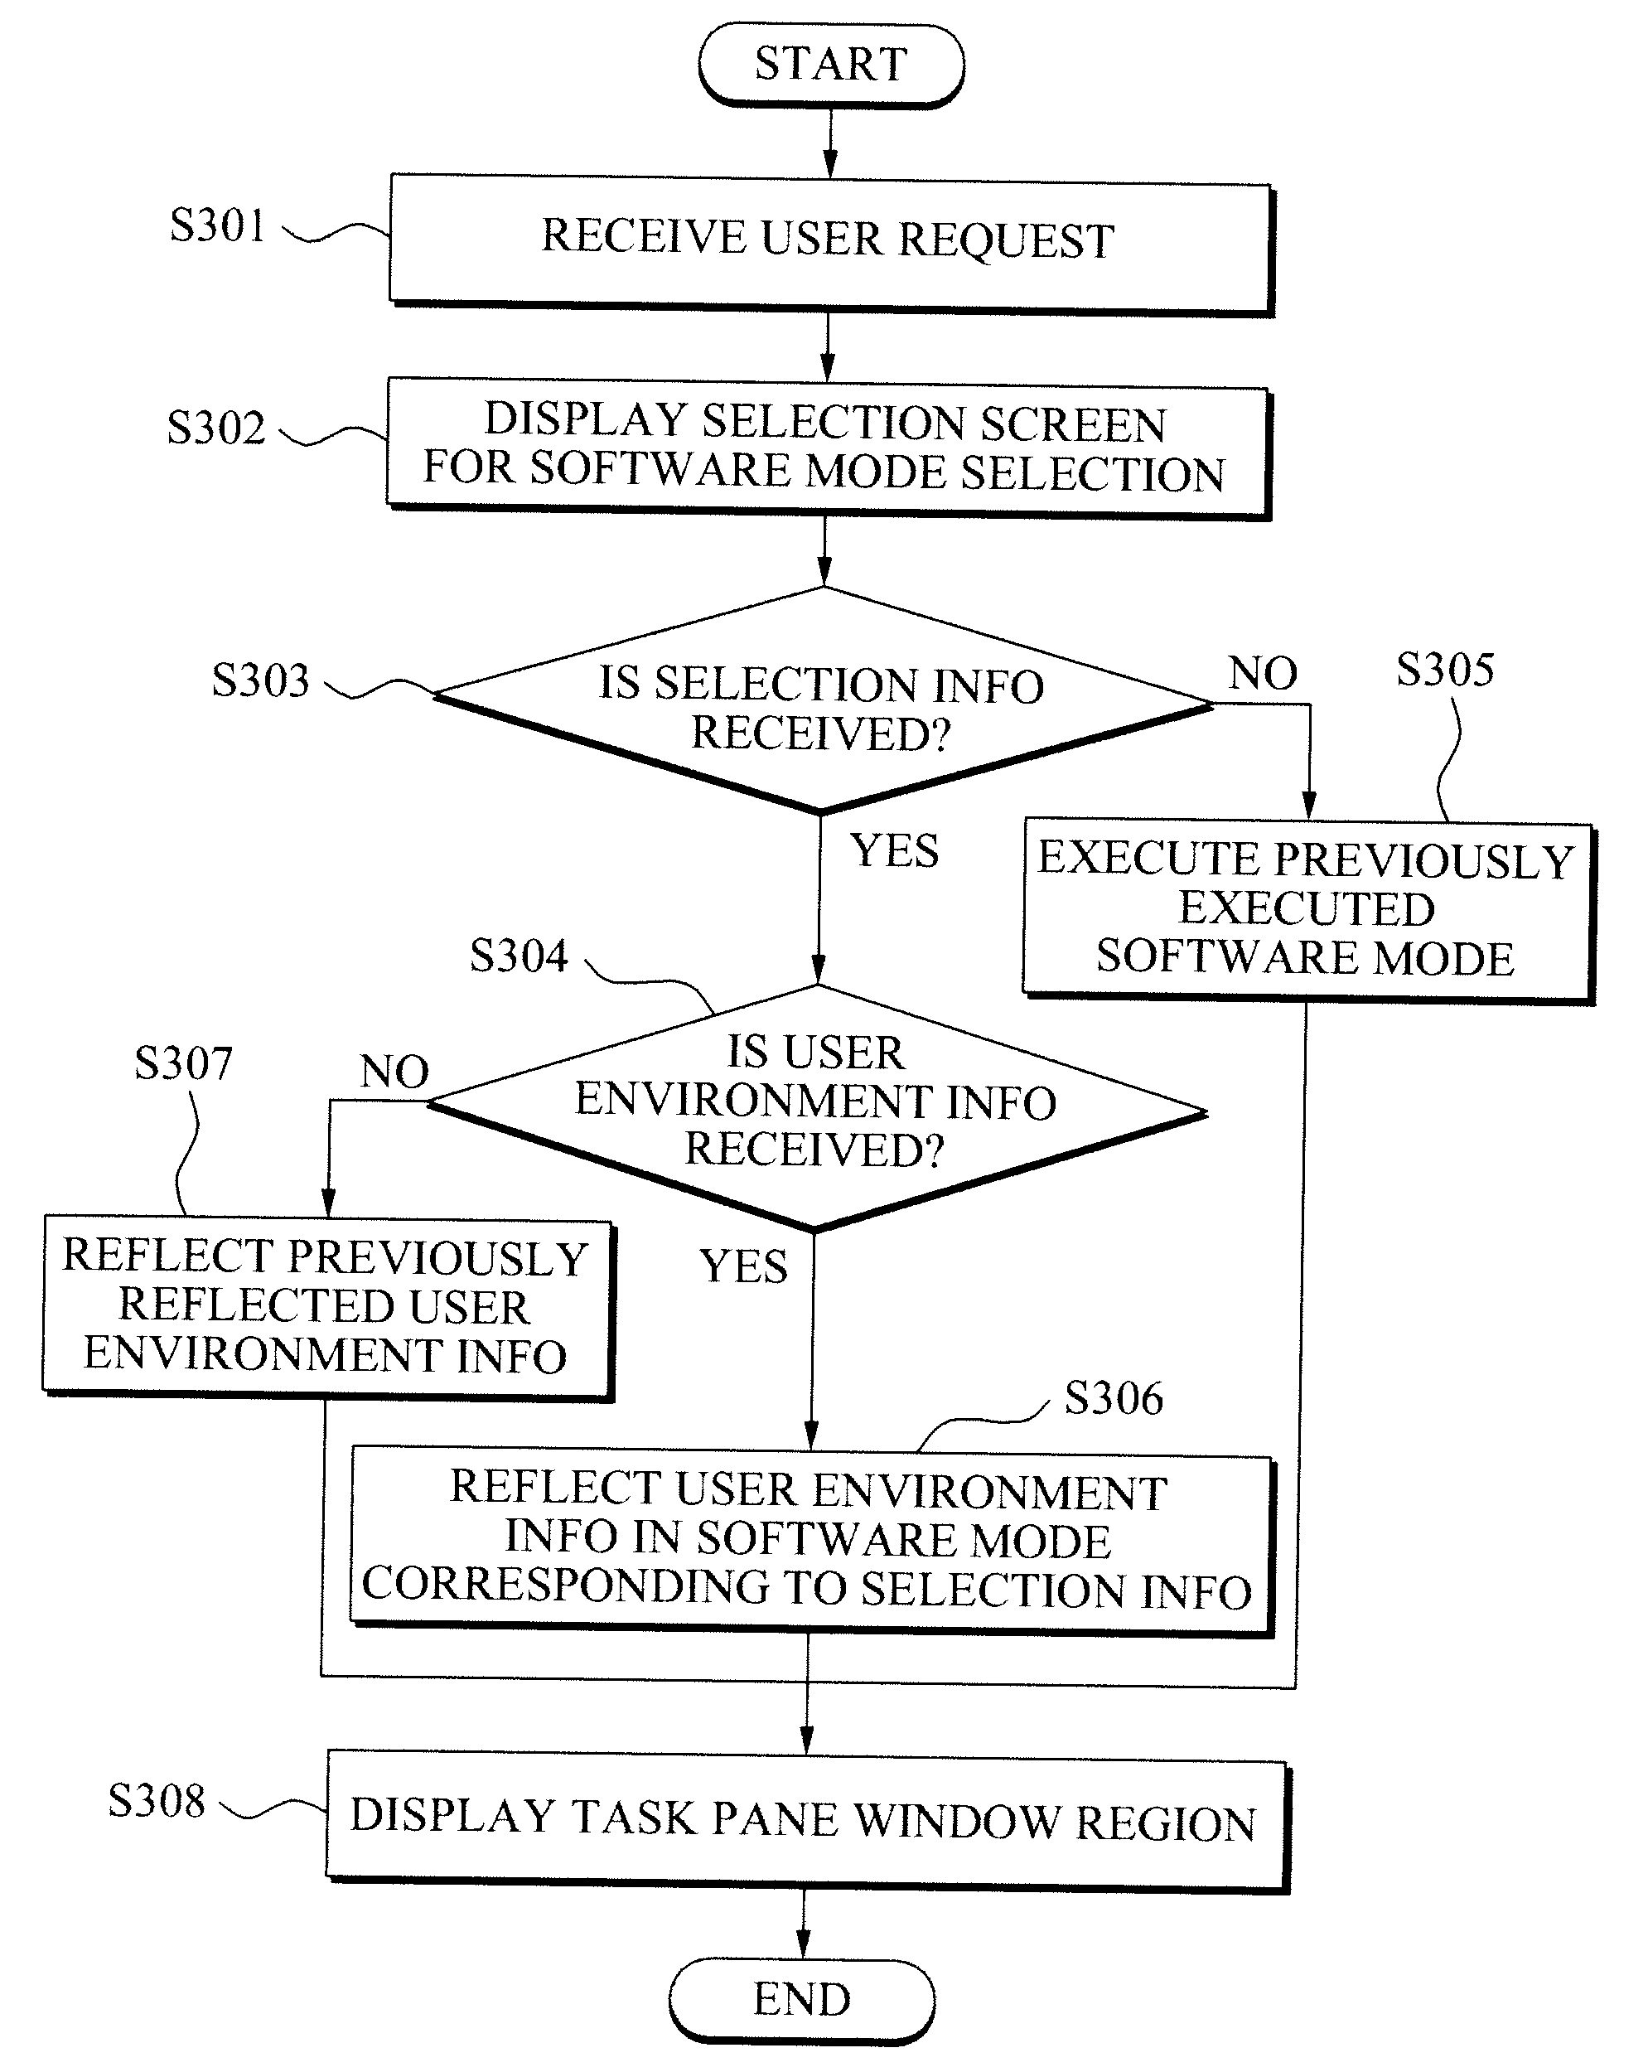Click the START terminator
(x=831, y=65)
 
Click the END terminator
(x=802, y=2000)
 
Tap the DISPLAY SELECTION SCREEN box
(x=829, y=448)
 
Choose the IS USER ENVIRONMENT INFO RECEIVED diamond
(x=817, y=1107)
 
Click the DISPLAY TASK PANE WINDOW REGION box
(x=807, y=1820)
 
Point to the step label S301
(x=217, y=225)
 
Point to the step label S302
(x=215, y=428)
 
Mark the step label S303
(x=260, y=680)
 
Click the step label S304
(x=519, y=956)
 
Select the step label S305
(x=1445, y=669)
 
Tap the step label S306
(x=1114, y=1398)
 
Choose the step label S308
(x=157, y=1800)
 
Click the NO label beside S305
(x=1263, y=673)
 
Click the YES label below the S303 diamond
(x=895, y=850)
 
